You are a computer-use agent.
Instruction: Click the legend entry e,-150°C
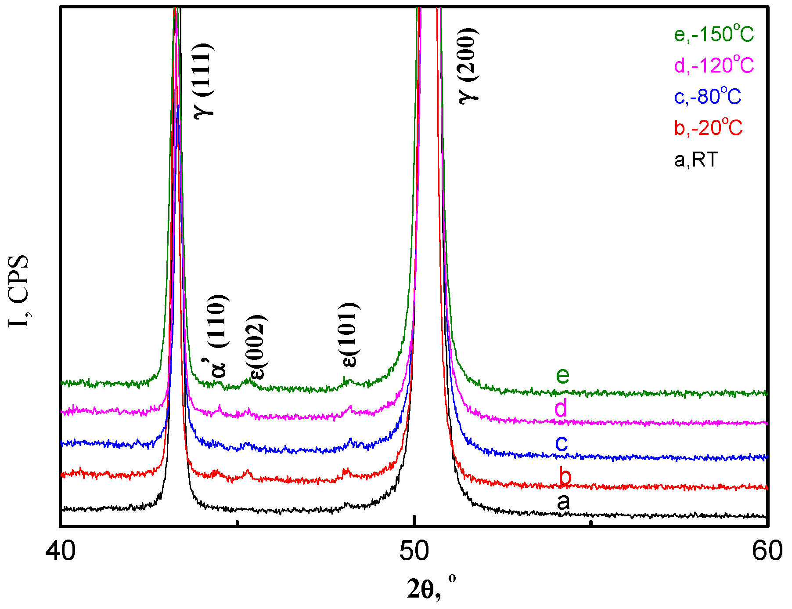pos(714,34)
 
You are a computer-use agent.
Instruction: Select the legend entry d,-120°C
pos(714,66)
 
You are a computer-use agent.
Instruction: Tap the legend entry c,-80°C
pos(707,97)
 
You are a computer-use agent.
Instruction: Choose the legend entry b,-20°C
pos(708,128)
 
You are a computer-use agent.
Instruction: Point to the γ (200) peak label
pos(468,66)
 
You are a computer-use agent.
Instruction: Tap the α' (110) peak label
pos(216,337)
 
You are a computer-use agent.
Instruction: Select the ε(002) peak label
pos(257,347)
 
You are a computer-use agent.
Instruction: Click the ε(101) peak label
pos(350,335)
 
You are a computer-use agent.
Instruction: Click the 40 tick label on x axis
pos(61,551)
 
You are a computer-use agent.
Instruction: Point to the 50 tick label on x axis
pos(414,551)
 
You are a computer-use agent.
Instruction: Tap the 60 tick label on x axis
pos(767,551)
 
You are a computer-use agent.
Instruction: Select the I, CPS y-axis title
pos(18,291)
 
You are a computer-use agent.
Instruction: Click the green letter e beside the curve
pos(562,375)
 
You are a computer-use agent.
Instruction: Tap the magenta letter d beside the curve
pos(561,408)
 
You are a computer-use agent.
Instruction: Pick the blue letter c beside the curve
pos(562,442)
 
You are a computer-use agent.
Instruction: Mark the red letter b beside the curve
pos(565,476)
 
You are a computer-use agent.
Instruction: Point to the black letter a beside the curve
pos(563,502)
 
